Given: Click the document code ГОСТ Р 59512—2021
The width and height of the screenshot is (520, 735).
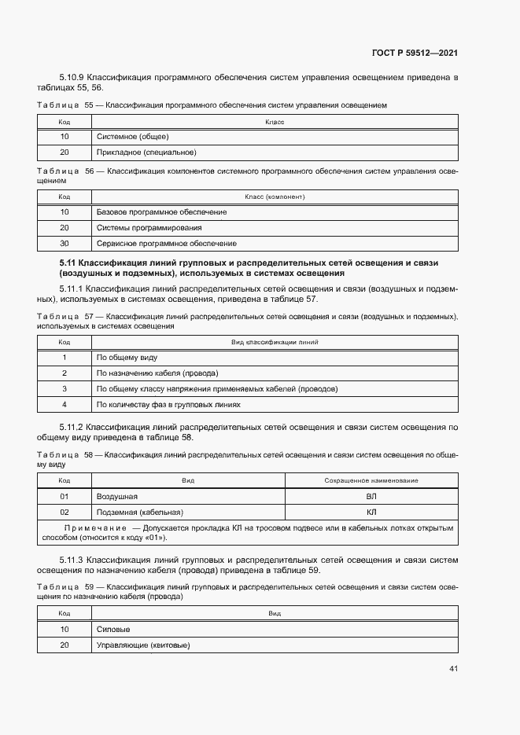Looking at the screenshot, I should pos(415,53).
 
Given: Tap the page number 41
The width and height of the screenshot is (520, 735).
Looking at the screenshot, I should pos(453,669).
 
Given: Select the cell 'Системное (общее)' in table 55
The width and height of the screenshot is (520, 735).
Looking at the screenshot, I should pos(127,137).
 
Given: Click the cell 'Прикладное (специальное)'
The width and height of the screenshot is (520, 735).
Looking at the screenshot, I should pos(146,153).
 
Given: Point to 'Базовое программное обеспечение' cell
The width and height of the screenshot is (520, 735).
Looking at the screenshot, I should pos(161,212).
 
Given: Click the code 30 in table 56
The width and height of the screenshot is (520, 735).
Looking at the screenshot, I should pos(65,244).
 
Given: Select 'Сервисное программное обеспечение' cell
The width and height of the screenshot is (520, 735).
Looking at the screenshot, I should pos(166,244).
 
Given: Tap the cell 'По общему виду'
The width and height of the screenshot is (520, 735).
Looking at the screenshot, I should pos(127,358).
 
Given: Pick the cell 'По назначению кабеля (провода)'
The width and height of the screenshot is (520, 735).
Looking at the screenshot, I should pos(157,373).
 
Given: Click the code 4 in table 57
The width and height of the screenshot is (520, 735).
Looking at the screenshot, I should pos(65,405).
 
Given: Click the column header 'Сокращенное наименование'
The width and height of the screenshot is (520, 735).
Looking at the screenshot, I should pos(371,480).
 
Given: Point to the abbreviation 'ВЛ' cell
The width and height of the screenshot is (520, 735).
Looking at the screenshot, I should pos(371,497).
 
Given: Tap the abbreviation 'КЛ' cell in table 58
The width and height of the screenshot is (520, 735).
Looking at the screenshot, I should pos(371,513).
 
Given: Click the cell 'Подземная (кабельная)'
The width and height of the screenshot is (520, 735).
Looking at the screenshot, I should pos(139,513).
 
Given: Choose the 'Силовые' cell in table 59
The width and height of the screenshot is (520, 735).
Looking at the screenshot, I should pos(112,630).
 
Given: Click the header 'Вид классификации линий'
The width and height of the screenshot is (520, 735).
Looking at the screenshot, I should pos(275,343).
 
